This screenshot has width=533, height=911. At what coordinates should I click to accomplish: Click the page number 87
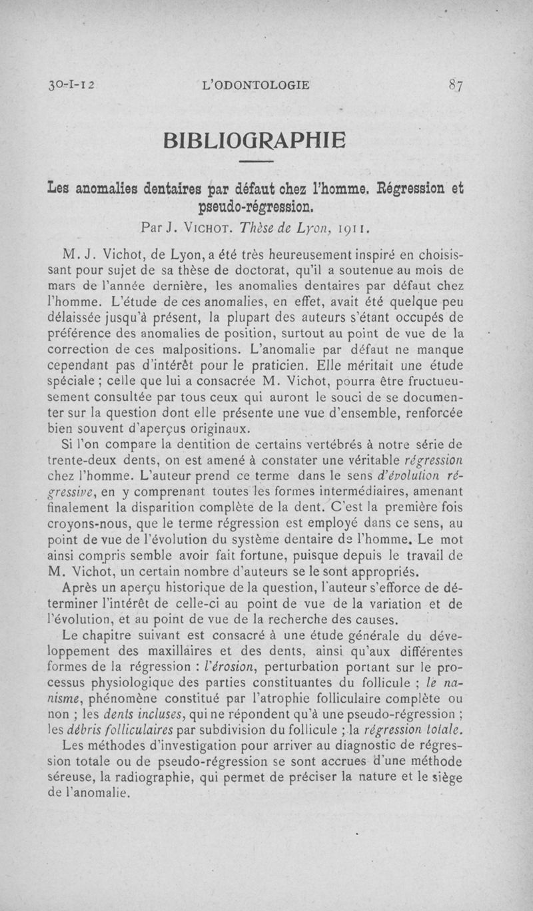(456, 85)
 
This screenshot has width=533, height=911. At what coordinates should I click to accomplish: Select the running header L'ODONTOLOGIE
(259, 85)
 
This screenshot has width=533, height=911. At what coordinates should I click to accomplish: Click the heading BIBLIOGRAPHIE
(256, 141)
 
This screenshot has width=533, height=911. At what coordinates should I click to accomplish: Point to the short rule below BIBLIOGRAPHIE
(256, 162)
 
